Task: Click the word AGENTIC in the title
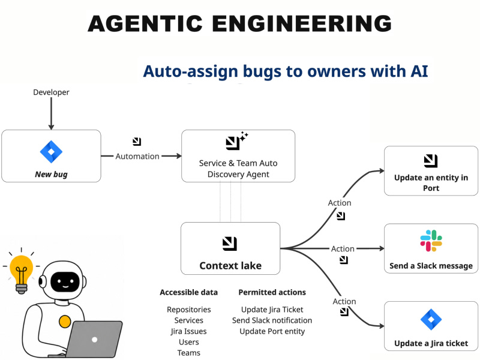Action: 145,23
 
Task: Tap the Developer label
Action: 51,92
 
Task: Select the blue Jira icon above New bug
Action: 51,152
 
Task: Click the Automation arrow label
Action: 137,156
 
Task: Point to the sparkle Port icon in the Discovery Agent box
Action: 236,141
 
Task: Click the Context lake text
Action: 230,265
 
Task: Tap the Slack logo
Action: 431,241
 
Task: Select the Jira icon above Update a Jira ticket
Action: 431,319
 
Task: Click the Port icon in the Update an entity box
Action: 431,161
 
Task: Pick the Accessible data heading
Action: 188,292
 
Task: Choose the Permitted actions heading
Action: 272,292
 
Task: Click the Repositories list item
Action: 189,310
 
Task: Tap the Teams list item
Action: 189,353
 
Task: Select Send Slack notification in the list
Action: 272,320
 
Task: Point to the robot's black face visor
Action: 65,281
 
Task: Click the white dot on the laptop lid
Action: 95,340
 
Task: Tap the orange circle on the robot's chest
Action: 65,322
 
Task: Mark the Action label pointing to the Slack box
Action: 343,249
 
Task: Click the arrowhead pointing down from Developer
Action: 51,127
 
